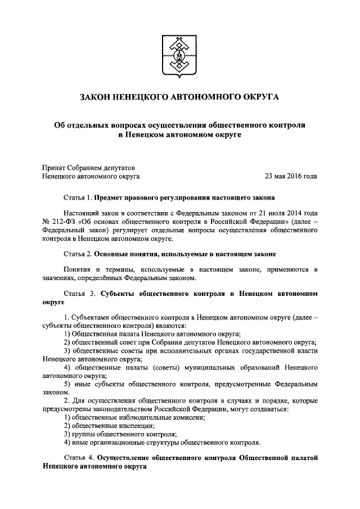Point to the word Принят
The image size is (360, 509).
(x=54, y=166)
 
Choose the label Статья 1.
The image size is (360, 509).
(x=77, y=199)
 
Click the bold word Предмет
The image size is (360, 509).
(x=112, y=199)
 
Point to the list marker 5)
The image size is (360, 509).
(x=67, y=384)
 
